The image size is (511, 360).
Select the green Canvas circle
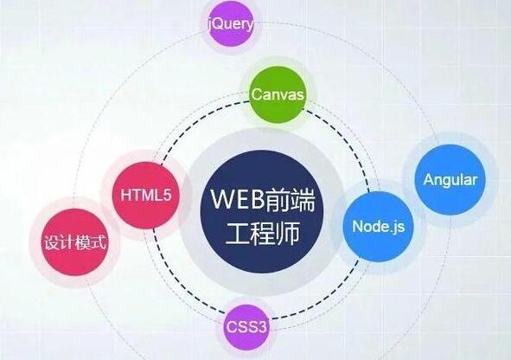click(x=278, y=94)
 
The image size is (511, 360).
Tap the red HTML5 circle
click(x=145, y=195)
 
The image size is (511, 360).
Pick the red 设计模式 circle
click(x=75, y=242)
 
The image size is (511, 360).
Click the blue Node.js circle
click(x=378, y=227)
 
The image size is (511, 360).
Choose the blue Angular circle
click(x=450, y=180)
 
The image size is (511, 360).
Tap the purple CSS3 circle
click(x=246, y=327)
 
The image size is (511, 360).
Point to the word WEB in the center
click(x=238, y=199)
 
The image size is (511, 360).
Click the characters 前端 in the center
click(x=290, y=200)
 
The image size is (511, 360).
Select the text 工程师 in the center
click(x=262, y=234)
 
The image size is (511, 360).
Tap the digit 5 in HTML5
click(x=167, y=195)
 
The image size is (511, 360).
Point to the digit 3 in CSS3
click(x=262, y=327)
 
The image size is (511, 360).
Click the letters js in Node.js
click(x=399, y=227)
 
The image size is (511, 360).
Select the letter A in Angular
click(x=429, y=180)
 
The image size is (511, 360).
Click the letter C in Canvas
click(x=257, y=94)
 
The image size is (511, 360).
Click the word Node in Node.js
click(x=370, y=226)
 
